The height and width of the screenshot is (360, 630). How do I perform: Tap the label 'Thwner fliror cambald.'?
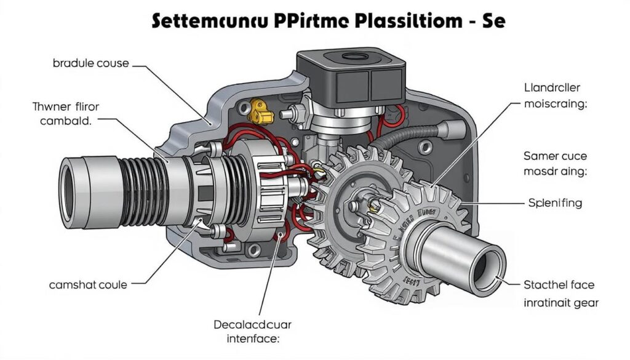[x=65, y=114]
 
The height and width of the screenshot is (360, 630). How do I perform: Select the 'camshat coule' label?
[x=88, y=285]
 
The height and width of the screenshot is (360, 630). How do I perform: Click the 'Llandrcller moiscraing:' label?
[x=556, y=96]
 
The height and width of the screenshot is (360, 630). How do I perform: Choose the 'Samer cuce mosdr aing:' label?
[x=556, y=164]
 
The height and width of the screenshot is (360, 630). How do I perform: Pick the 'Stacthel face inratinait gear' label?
[x=560, y=294]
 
